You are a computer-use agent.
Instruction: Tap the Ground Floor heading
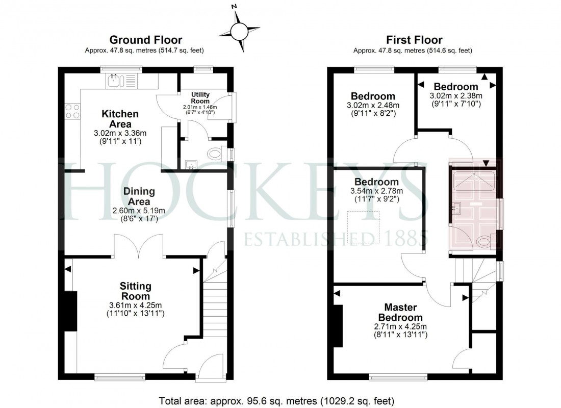[146, 40]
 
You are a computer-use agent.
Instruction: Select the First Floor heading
[414, 40]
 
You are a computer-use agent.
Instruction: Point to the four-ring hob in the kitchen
[72, 111]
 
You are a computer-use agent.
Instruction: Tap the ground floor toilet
[216, 152]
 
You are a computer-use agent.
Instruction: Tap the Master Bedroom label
[400, 312]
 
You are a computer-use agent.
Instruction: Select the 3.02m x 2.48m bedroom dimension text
[373, 106]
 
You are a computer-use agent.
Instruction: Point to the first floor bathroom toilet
[483, 241]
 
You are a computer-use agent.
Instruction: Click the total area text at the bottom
[276, 400]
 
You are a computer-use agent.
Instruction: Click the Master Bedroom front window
[398, 378]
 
